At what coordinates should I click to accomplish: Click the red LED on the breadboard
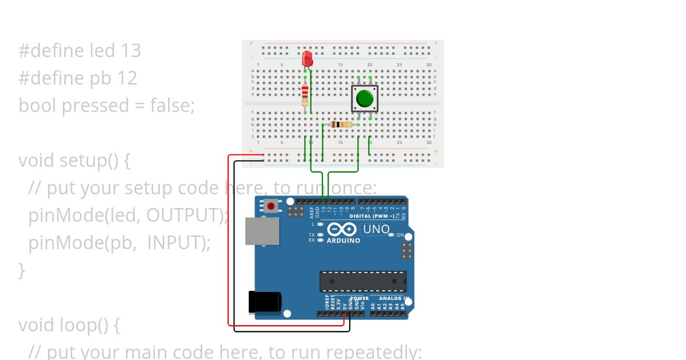pyautogui.click(x=308, y=58)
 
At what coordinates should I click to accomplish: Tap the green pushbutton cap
pyautogui.click(x=364, y=98)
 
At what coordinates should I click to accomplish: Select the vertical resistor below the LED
pyautogui.click(x=305, y=94)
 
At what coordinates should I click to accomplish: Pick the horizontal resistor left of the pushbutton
pyautogui.click(x=341, y=125)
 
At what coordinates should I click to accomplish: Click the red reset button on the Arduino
pyautogui.click(x=271, y=206)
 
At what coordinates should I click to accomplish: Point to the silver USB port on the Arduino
pyautogui.click(x=262, y=231)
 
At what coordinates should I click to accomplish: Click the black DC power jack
pyautogui.click(x=264, y=302)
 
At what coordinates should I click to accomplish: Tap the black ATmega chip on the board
pyautogui.click(x=362, y=282)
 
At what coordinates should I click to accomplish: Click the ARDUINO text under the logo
pyautogui.click(x=343, y=241)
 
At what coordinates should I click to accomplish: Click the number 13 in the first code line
pyautogui.click(x=130, y=51)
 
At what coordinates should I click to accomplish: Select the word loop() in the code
pyautogui.click(x=83, y=325)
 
